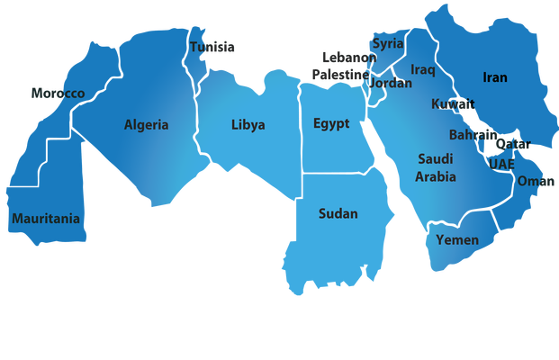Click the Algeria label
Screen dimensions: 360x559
pos(146,125)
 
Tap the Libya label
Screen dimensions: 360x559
pos(248,125)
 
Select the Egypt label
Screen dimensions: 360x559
pos(331,123)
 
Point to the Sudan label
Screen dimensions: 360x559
pos(338,213)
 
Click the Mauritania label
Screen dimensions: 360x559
pos(46,219)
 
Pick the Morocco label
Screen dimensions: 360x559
pos(58,94)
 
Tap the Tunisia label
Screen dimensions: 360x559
pos(212,47)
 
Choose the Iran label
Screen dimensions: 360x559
pos(494,77)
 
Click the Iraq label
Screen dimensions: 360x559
pos(423,69)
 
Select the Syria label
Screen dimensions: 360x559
pos(389,43)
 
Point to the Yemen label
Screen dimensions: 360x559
pos(457,239)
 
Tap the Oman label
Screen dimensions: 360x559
pos(536,181)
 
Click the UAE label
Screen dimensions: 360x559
pos(501,165)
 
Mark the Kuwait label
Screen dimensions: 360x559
pos(452,104)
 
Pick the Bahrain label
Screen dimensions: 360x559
pos(473,135)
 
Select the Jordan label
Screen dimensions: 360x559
pos(392,83)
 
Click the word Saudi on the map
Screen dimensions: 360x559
pos(435,158)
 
